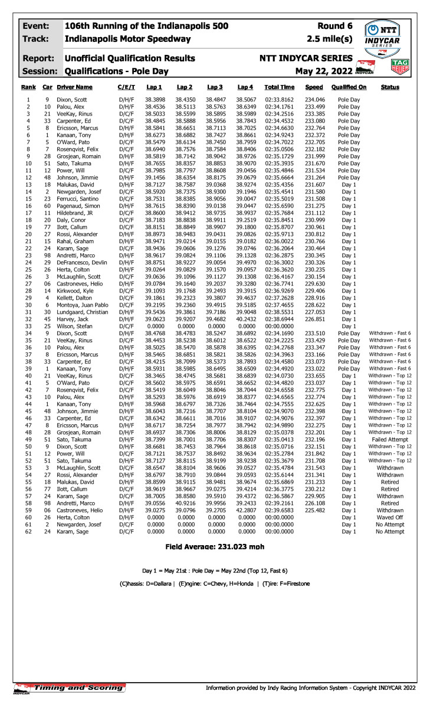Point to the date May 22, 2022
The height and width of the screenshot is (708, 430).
(x=324, y=71)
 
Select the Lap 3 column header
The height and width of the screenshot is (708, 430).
(x=215, y=87)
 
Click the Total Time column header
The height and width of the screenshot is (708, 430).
(x=279, y=87)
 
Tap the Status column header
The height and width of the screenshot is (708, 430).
(x=390, y=87)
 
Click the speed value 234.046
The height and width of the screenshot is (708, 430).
(x=314, y=99)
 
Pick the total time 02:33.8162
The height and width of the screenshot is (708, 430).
(x=279, y=99)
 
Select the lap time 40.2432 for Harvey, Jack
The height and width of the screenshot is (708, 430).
(x=246, y=319)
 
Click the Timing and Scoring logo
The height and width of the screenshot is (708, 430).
(x=70, y=687)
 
